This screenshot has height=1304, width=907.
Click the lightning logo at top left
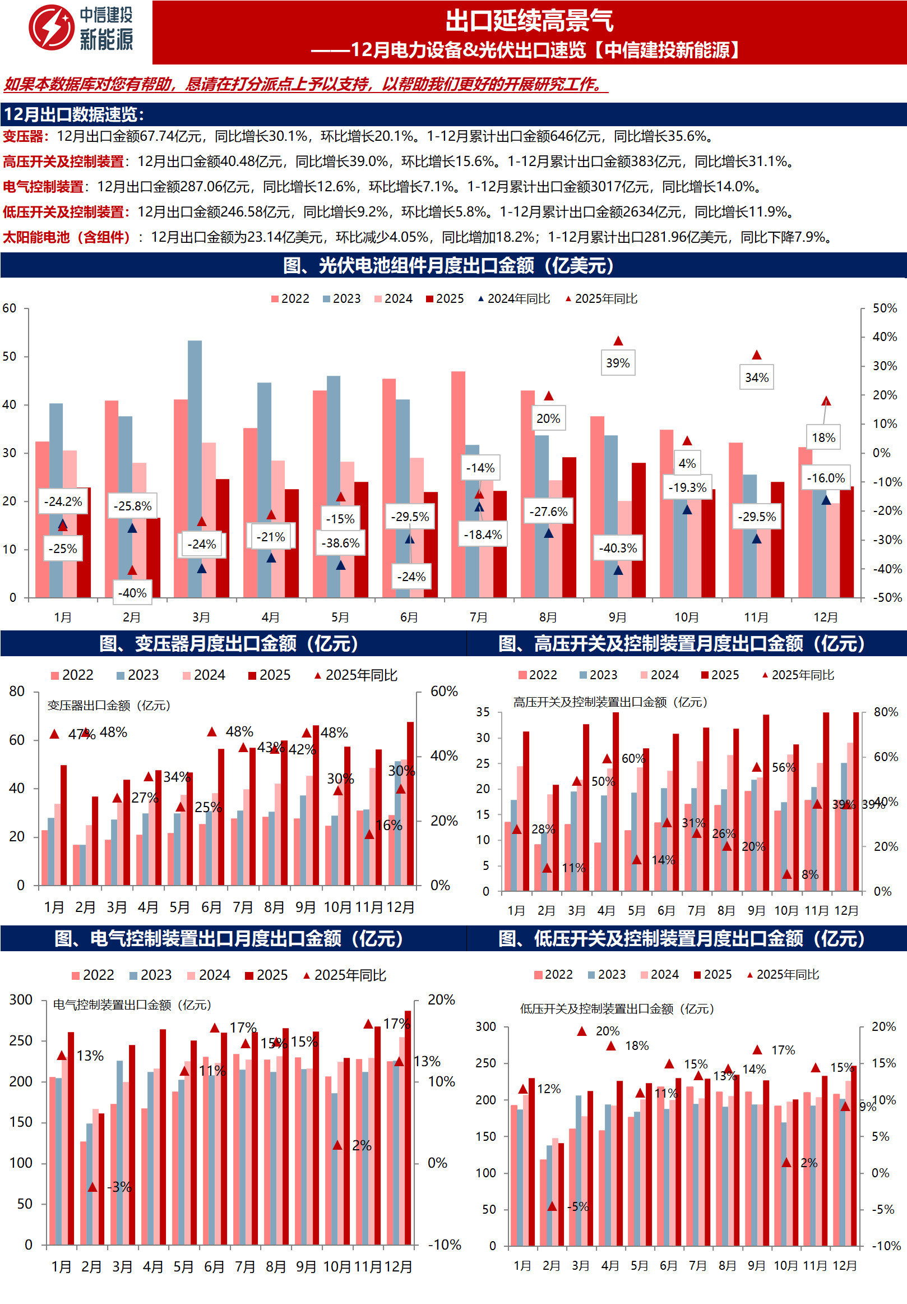point(51,27)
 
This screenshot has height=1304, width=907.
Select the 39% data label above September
point(618,363)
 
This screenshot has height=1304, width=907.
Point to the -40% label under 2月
point(132,593)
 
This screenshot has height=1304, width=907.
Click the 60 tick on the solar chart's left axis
point(10,308)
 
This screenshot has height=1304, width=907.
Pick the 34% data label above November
point(756,377)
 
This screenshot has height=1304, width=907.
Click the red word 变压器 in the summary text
point(23,136)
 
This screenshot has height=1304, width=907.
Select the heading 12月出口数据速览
point(74,115)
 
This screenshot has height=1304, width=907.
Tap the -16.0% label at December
point(826,478)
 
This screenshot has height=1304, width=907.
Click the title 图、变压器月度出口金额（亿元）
point(229,643)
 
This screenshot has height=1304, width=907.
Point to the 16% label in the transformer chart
point(389,825)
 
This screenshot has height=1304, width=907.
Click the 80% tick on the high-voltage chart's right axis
point(886,712)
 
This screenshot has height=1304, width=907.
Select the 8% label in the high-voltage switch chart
point(809,874)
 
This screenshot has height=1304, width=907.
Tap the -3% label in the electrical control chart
point(120,1187)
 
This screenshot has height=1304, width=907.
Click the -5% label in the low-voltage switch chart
point(578,1207)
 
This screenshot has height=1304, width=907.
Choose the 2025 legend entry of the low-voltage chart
point(713,975)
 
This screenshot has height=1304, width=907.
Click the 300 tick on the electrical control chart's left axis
point(21,999)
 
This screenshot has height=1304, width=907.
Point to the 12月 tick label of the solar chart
point(825,618)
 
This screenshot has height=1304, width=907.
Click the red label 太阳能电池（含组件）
point(67,237)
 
